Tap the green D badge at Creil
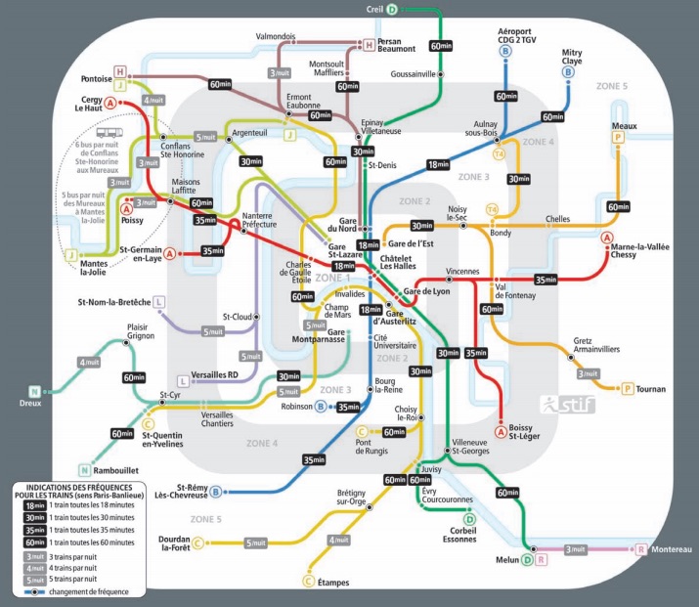tap(392, 10)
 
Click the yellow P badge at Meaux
tap(617, 138)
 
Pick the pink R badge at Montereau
tap(641, 549)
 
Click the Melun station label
tap(503, 560)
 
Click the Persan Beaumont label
tap(404, 45)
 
